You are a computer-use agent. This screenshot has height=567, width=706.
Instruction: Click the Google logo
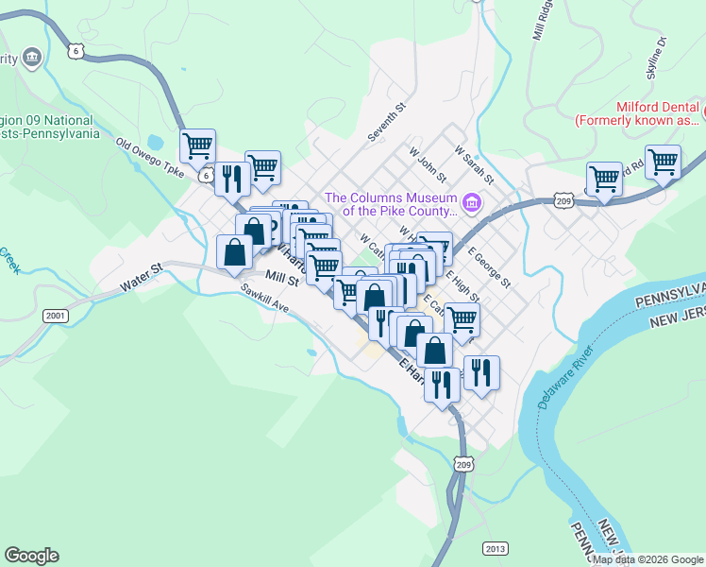point(31,556)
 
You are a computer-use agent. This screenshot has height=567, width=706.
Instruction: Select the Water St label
point(142,277)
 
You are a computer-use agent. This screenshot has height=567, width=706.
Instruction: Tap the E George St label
point(489,269)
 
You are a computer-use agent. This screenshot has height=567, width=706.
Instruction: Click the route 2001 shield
point(56,315)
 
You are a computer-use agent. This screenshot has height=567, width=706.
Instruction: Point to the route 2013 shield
point(494,548)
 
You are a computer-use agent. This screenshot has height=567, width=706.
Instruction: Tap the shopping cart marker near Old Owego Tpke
point(198,146)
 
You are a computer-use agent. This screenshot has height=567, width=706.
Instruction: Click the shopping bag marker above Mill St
point(235,252)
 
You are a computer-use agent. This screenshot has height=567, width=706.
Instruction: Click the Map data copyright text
point(647,559)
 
